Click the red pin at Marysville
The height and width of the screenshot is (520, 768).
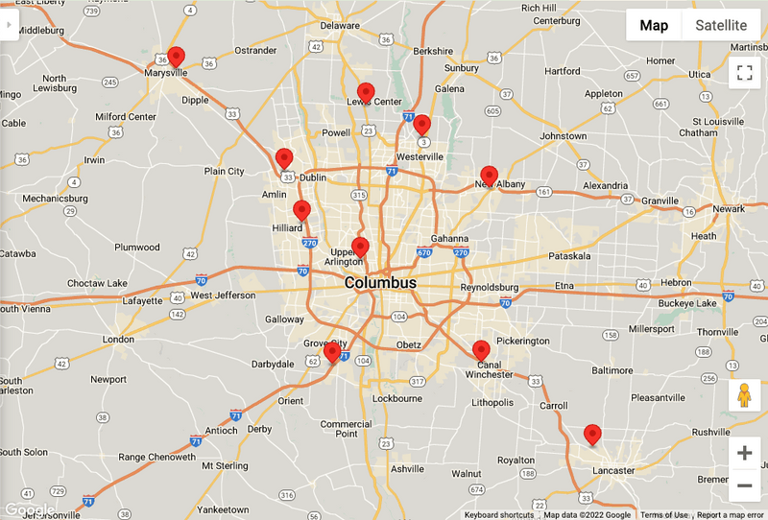click(176, 58)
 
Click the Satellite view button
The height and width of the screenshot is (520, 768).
click(721, 26)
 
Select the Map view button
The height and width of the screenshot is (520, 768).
click(654, 26)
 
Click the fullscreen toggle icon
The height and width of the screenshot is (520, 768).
click(744, 72)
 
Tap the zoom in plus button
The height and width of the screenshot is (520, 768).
click(744, 453)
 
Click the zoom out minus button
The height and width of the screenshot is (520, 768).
click(744, 485)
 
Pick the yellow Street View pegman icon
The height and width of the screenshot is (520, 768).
click(744, 394)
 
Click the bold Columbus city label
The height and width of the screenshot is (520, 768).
click(380, 283)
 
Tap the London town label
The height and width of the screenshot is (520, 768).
click(119, 340)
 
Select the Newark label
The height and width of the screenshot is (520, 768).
click(729, 208)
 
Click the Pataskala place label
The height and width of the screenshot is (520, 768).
click(571, 256)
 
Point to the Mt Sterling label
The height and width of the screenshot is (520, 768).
click(225, 465)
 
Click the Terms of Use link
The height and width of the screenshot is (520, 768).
click(664, 515)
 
